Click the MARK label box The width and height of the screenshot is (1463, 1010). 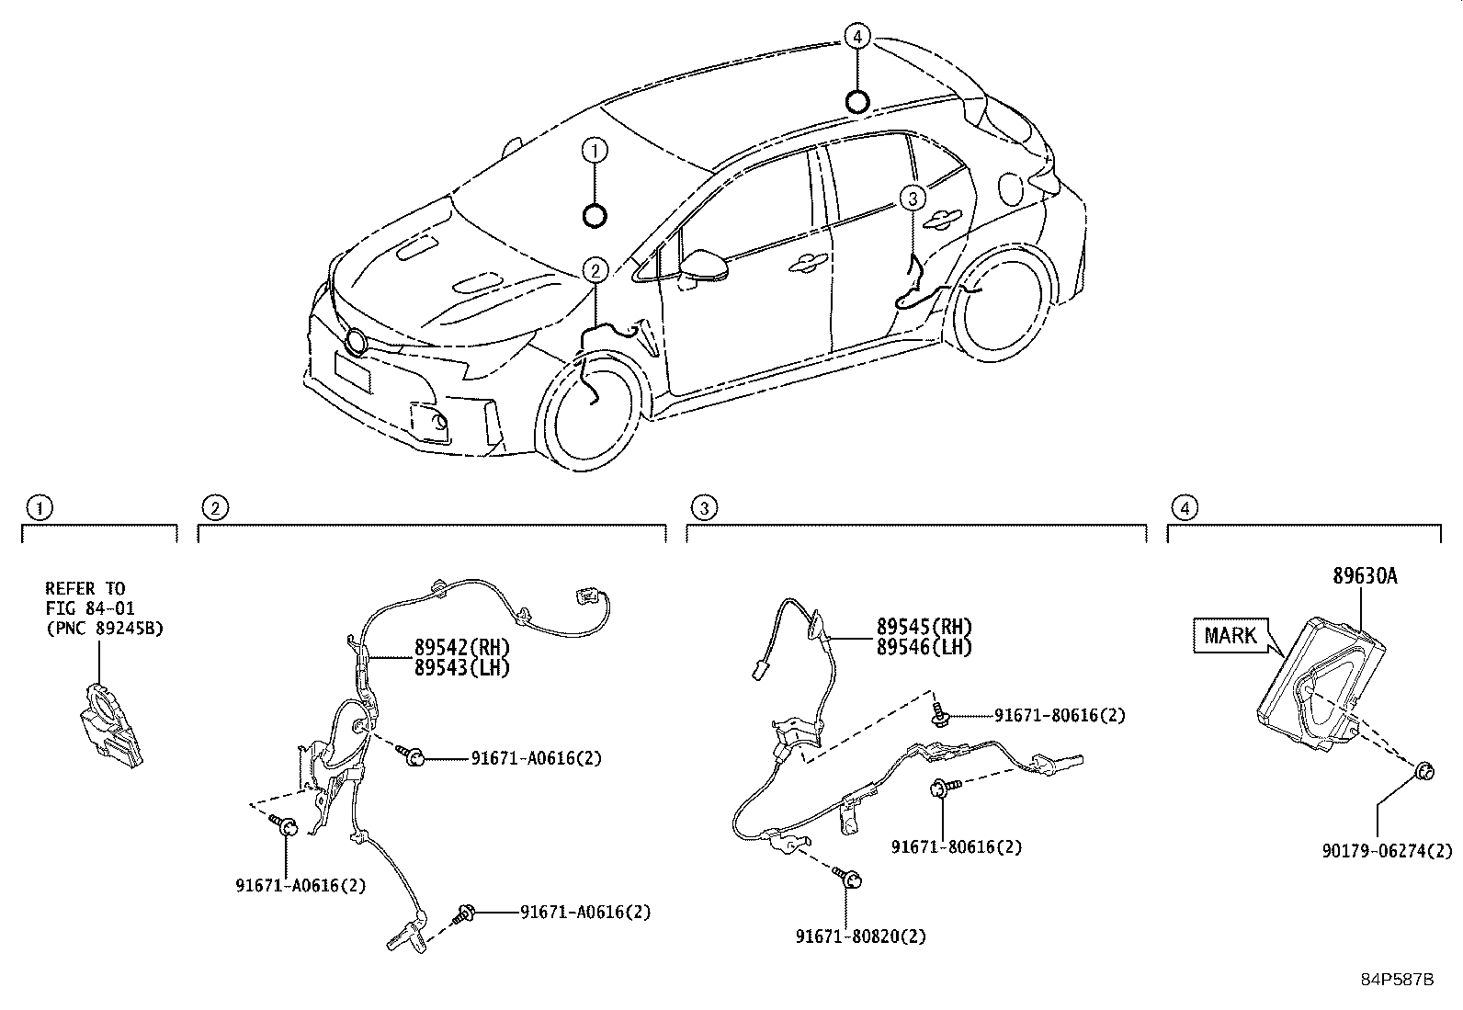click(x=1231, y=635)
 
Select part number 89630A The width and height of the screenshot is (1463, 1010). click(x=1365, y=576)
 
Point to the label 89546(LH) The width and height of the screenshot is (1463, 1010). click(x=924, y=646)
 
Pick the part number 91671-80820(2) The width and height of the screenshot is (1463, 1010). click(x=861, y=936)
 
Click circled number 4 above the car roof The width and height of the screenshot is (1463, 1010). click(x=856, y=37)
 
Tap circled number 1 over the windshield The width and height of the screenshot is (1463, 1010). click(x=595, y=150)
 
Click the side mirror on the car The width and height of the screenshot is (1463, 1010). click(x=706, y=265)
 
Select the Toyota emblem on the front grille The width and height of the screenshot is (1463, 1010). click(x=356, y=343)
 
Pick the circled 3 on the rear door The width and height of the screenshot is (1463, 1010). click(x=912, y=197)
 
